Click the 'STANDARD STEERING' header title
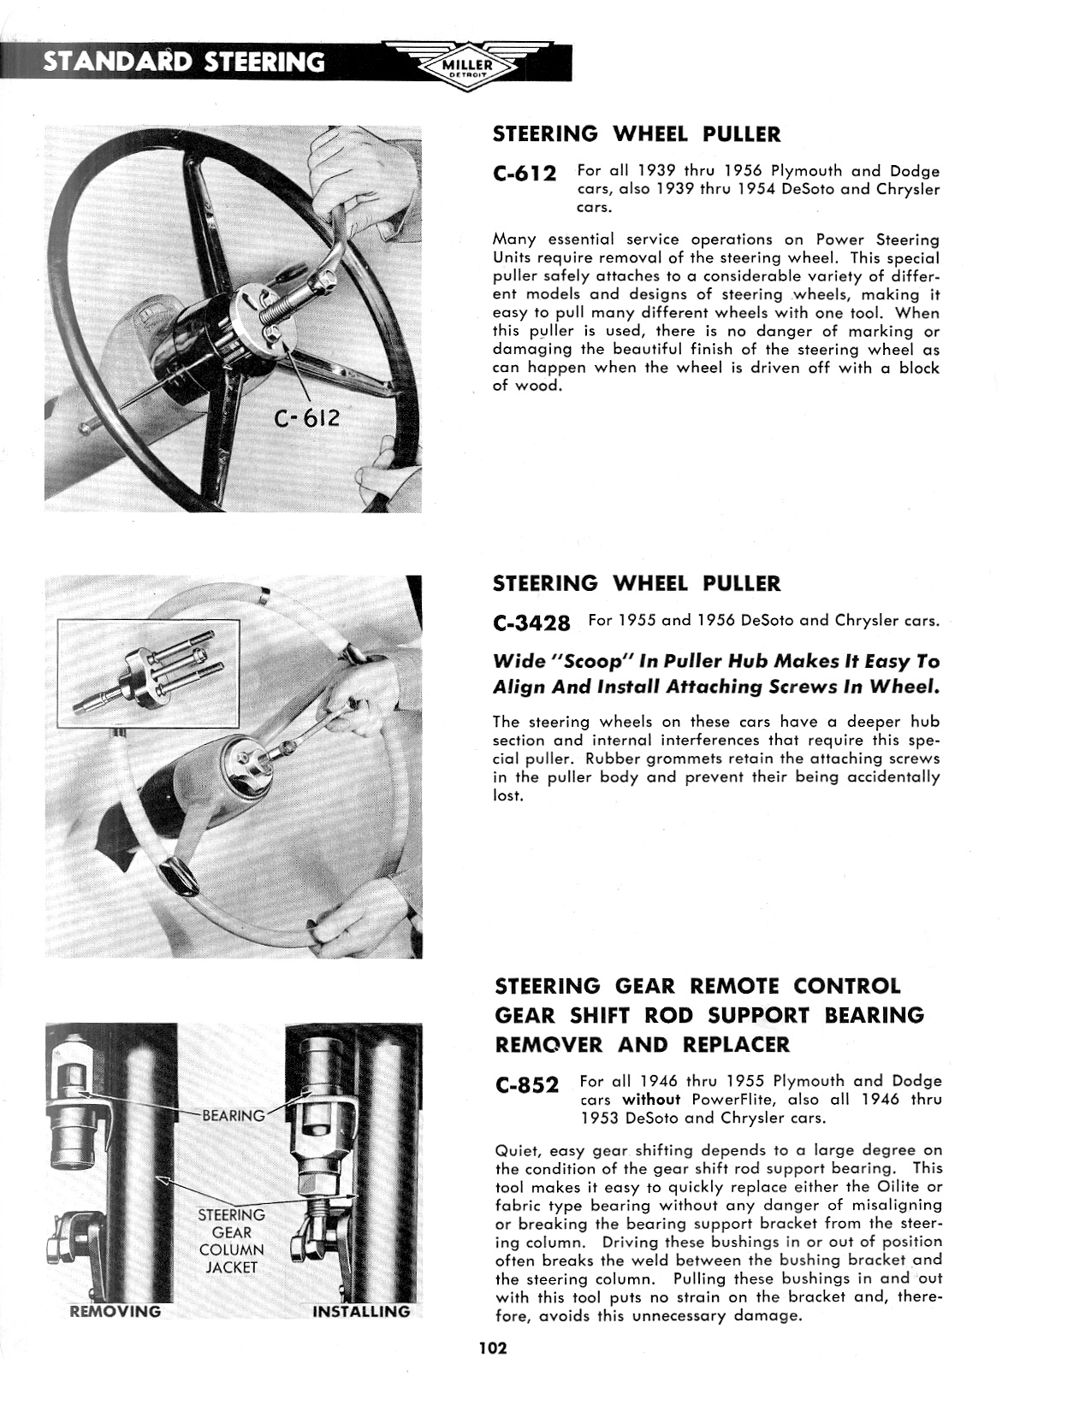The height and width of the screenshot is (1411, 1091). (x=184, y=62)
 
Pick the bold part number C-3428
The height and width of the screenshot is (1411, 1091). (x=532, y=623)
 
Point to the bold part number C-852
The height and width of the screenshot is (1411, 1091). (x=527, y=1085)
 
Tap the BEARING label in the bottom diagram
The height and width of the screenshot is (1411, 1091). (x=234, y=1115)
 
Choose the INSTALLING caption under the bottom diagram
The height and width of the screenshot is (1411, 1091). (x=360, y=1311)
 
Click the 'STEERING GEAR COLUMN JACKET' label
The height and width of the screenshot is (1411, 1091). (x=232, y=1241)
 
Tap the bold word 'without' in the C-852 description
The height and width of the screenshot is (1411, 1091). (x=650, y=1100)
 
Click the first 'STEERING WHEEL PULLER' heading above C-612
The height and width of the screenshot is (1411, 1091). (x=637, y=134)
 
